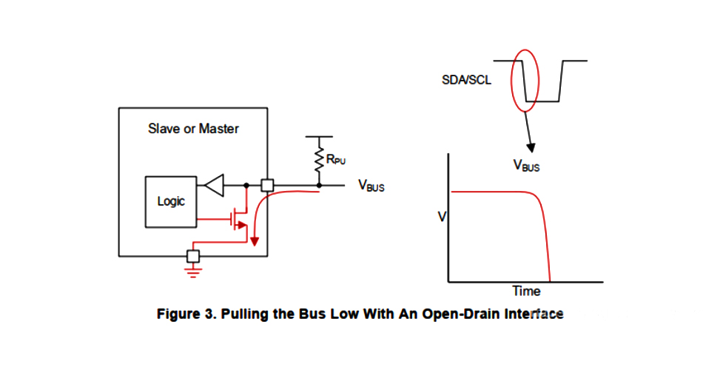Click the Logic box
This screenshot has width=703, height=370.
click(171, 201)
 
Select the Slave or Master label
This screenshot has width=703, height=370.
click(194, 129)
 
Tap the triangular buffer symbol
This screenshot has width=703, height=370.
click(214, 185)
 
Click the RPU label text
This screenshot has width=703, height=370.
click(337, 158)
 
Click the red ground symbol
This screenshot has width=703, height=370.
click(193, 272)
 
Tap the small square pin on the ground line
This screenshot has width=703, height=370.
click(193, 256)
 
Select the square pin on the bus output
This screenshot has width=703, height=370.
click(267, 185)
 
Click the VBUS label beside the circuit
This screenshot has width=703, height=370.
click(371, 186)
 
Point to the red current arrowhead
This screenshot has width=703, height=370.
click(254, 241)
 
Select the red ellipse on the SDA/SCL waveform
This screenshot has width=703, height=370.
click(525, 81)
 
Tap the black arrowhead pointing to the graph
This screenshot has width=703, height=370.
click(531, 147)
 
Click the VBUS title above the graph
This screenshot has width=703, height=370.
click(527, 166)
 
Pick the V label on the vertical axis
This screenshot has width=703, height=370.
click(442, 217)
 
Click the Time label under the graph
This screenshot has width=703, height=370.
click(526, 291)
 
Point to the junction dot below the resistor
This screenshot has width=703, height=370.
click(320, 185)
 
